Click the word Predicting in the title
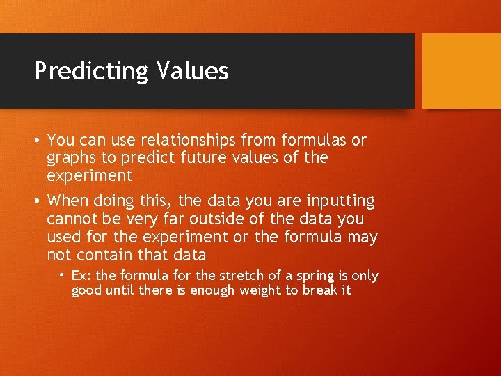pos(92,71)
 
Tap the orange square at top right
pos(461,71)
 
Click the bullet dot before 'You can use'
pos(38,141)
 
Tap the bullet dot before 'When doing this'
pos(38,201)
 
